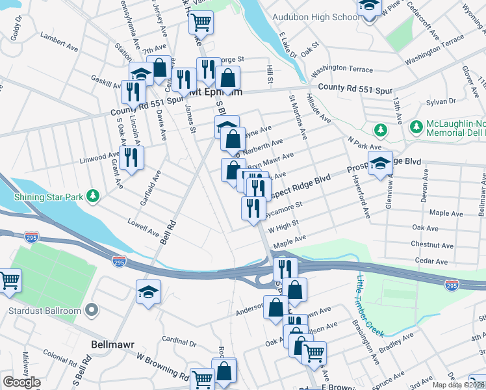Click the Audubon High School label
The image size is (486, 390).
coord(323,17)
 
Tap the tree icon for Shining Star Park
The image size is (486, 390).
coord(94,196)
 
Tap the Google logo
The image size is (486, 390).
coord(21,382)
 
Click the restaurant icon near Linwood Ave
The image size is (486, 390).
coord(131,157)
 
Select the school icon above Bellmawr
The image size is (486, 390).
coord(148,291)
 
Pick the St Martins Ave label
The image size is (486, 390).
coord(297,115)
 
